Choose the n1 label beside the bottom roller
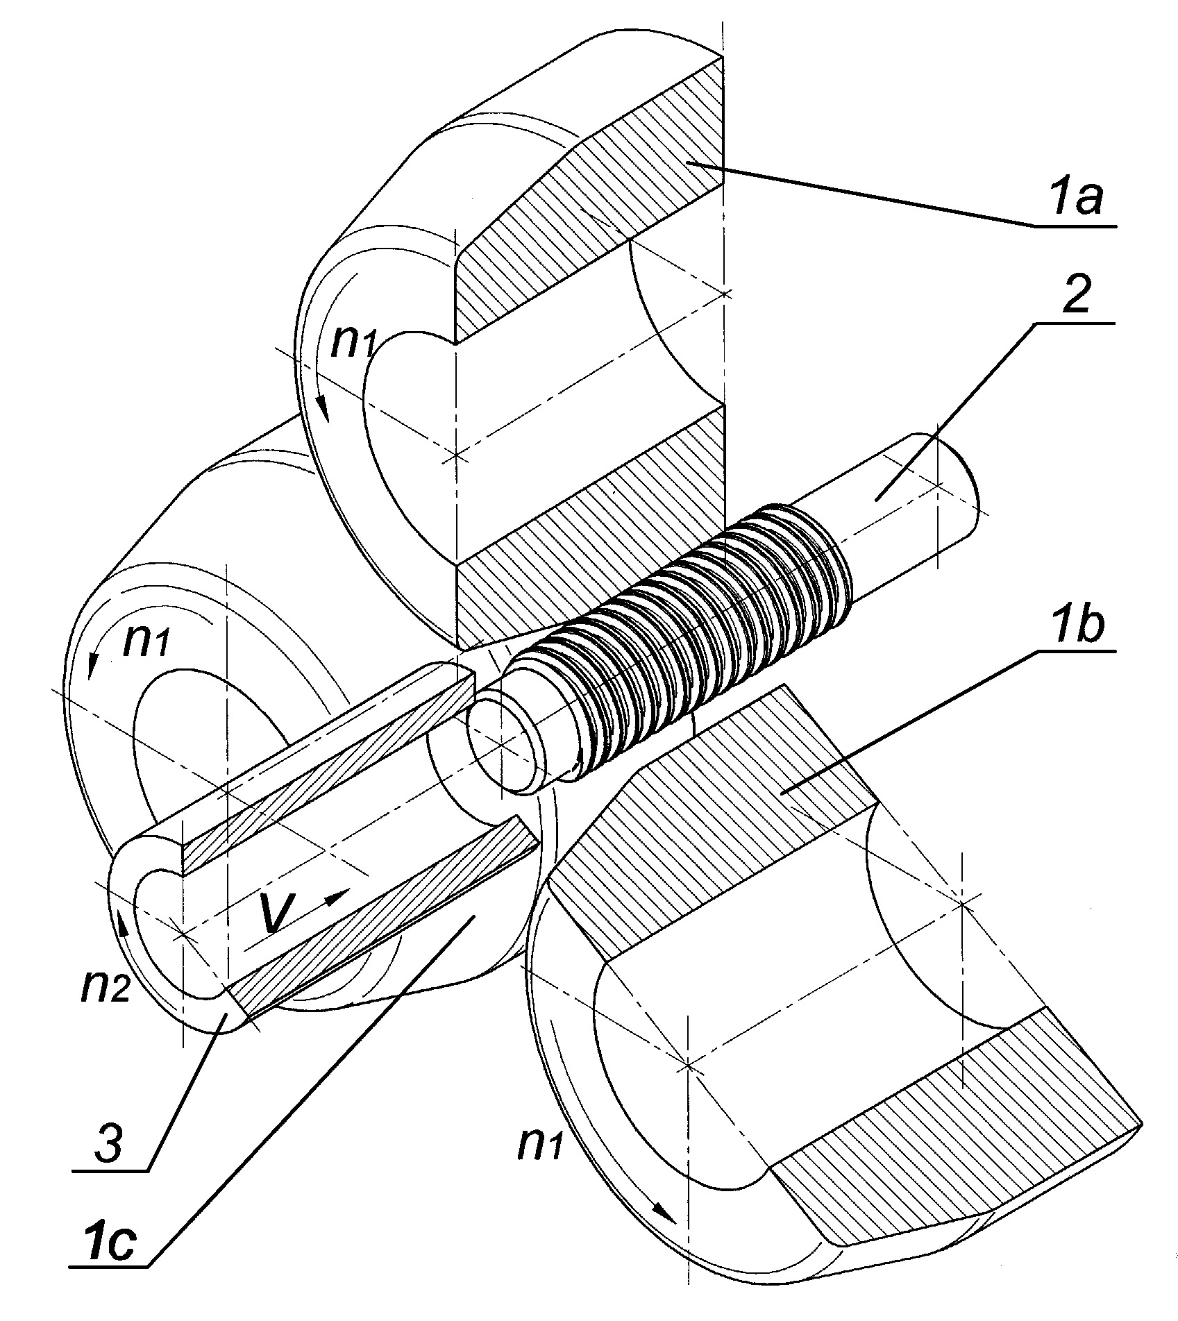click(541, 1144)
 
